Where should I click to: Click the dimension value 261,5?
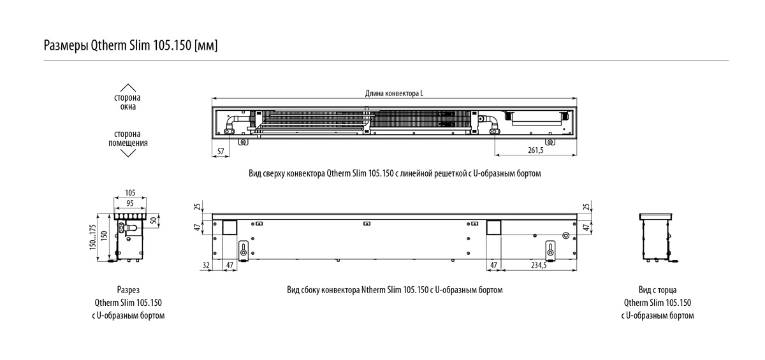[x=536, y=150]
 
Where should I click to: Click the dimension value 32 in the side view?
[x=206, y=265]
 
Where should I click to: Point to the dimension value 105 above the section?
[x=130, y=192]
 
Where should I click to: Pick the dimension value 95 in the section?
[x=130, y=203]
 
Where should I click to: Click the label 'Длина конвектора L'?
[x=394, y=93]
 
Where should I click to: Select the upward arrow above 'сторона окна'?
[x=127, y=88]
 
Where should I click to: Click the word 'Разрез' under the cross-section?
[x=128, y=290]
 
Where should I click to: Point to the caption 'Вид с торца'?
[x=657, y=290]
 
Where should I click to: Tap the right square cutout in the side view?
[x=493, y=227]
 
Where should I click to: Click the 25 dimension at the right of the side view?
[x=586, y=206]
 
